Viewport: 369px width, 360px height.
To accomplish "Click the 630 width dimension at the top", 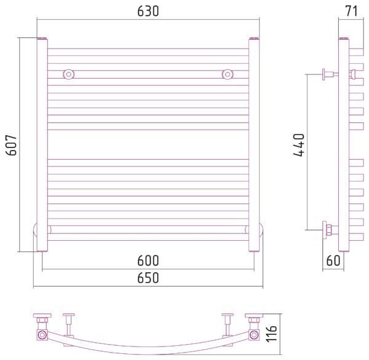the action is click(x=148, y=11).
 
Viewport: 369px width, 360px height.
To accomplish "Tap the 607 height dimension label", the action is click(x=11, y=145).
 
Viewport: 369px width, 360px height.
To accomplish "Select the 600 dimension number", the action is click(x=148, y=260).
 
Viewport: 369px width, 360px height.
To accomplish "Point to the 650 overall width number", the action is click(x=148, y=278).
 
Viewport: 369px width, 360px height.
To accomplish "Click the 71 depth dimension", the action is click(x=351, y=11).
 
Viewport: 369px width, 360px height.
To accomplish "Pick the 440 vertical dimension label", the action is click(x=299, y=145).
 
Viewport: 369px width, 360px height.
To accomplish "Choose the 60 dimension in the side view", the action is click(x=333, y=260).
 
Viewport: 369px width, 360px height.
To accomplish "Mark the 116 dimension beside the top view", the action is click(x=271, y=334).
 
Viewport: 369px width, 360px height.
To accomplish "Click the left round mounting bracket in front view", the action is click(x=69, y=74).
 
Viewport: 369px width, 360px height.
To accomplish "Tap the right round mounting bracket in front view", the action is click(x=228, y=74).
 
